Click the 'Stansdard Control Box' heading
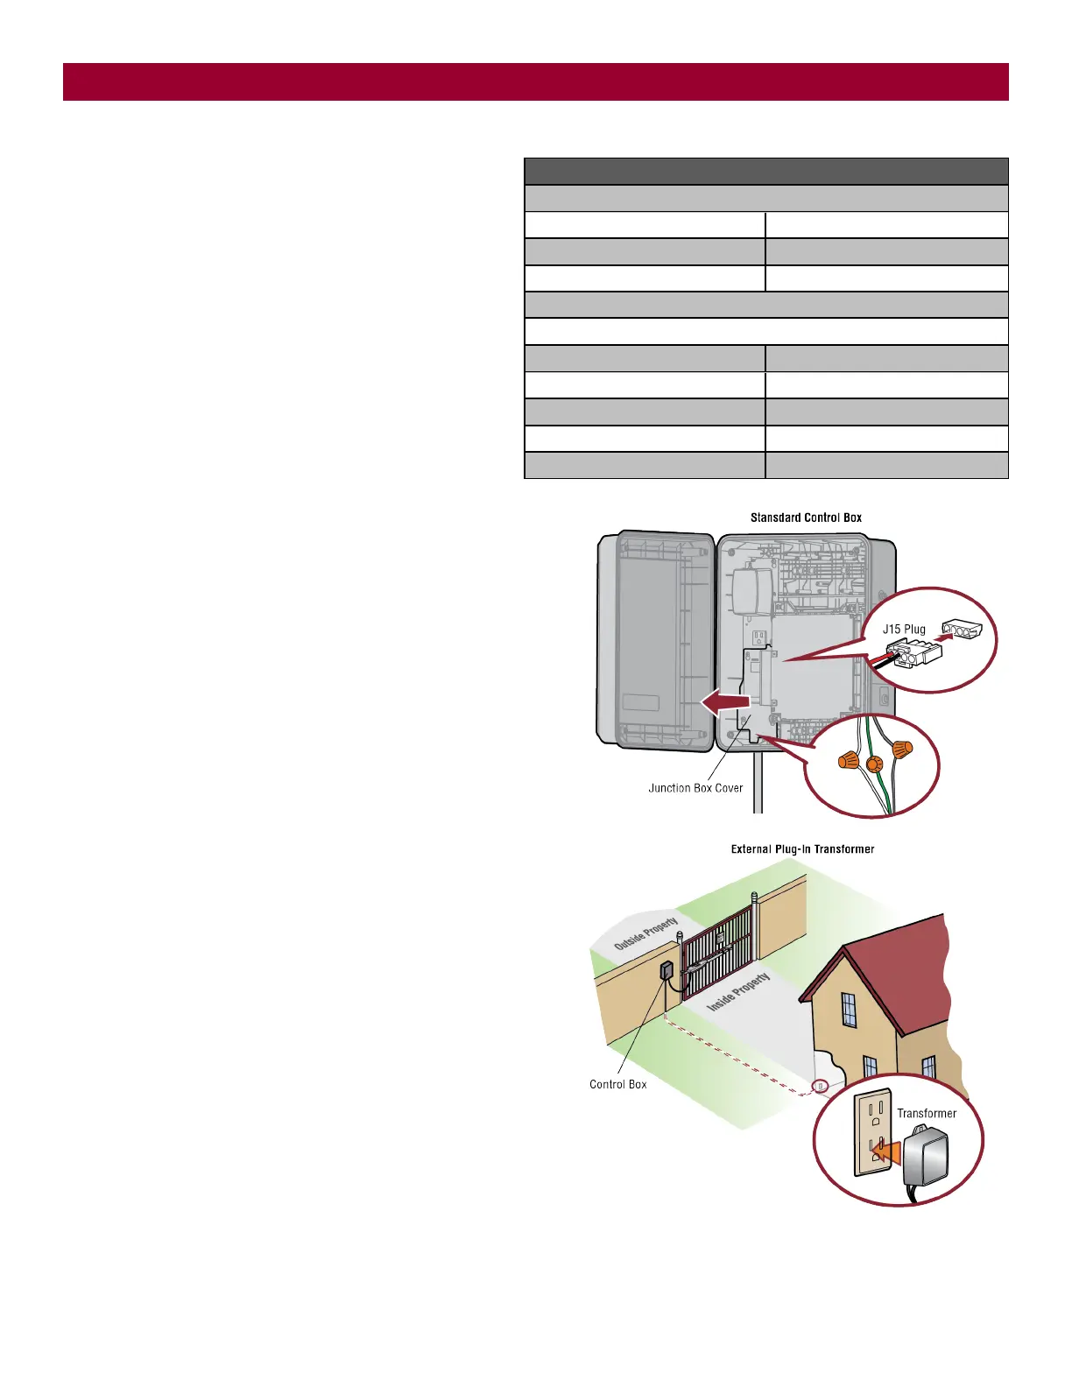point(806,517)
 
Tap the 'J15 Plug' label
point(904,629)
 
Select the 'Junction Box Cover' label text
point(695,788)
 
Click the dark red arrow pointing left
point(725,701)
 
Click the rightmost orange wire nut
point(902,750)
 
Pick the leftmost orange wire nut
point(849,759)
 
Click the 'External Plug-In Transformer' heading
point(802,848)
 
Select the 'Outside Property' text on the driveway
point(646,933)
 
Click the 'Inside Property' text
point(738,991)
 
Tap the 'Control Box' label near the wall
point(618,1084)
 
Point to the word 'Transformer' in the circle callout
point(927,1113)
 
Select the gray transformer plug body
point(924,1156)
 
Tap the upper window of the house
point(849,1010)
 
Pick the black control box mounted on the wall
point(666,970)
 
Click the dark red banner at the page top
point(536,81)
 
